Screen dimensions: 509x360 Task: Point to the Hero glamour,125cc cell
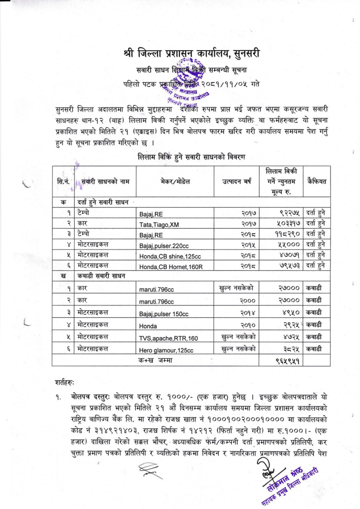(166, 350)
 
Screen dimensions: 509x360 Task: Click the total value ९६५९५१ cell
(287, 361)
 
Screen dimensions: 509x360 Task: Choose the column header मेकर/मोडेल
(175, 182)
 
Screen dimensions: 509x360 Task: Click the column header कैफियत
(316, 182)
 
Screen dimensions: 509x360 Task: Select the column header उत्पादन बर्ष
(237, 182)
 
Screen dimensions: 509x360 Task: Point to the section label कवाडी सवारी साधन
(101, 276)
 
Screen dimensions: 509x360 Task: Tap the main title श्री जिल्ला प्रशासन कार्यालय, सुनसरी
(191, 53)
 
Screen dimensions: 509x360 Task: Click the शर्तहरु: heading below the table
(65, 382)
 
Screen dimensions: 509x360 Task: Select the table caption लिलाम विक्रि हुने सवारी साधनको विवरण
(191, 157)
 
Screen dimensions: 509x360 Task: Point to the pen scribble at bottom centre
(149, 469)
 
